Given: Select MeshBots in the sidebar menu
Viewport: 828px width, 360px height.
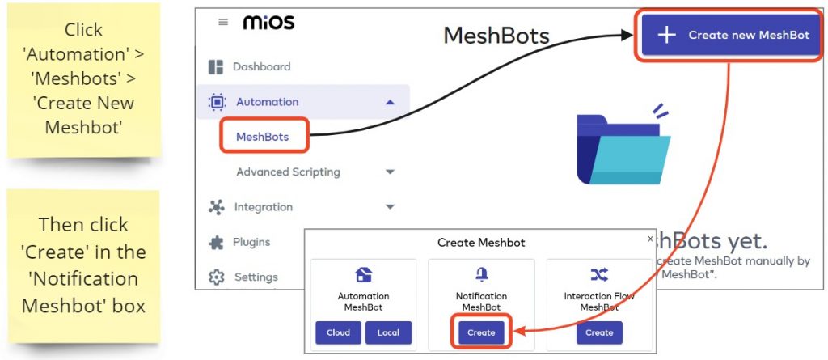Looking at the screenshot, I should (262, 137).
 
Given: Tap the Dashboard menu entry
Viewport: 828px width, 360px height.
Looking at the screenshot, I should (261, 66).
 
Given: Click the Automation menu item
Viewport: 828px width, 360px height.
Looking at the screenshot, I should (267, 102).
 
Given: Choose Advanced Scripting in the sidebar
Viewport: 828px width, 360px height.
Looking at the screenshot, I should (288, 172).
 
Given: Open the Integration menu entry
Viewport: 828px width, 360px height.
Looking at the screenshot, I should (263, 207).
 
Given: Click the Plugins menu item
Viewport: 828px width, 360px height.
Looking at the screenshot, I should (251, 242).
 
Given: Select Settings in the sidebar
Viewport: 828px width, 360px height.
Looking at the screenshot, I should (256, 277).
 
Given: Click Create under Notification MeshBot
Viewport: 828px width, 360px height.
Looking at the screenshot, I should (481, 332).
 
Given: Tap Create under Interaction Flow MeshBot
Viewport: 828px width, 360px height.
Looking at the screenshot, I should (599, 332).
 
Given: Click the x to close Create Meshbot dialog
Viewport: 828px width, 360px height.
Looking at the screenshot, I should (650, 239).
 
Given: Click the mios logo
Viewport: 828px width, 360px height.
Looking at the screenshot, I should (268, 23).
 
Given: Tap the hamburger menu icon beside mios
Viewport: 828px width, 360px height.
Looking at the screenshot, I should (223, 23).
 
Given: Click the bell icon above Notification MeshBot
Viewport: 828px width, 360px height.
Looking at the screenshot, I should (481, 274).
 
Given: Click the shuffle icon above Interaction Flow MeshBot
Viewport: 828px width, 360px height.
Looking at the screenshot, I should (599, 274).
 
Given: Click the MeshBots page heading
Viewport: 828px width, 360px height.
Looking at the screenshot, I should (496, 36).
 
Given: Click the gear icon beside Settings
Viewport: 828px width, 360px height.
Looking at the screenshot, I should (216, 277).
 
